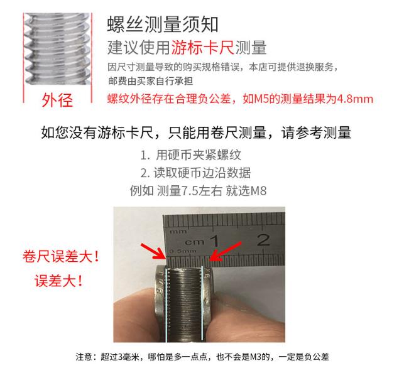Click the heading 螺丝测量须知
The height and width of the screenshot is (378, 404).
(x=163, y=24)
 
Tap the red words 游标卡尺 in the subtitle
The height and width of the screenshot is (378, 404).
(x=202, y=48)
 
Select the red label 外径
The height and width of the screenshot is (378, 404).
(x=57, y=100)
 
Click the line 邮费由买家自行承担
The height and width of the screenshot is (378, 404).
(x=150, y=81)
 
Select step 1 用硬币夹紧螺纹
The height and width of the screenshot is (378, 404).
(x=190, y=155)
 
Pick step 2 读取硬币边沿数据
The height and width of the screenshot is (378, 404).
(x=195, y=173)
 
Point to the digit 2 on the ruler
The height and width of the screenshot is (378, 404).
(x=263, y=240)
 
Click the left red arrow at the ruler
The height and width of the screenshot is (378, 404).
(x=153, y=251)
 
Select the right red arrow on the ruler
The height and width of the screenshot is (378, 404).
(x=226, y=251)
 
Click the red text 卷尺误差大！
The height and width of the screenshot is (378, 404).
(x=61, y=256)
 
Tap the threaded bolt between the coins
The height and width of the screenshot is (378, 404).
(x=184, y=304)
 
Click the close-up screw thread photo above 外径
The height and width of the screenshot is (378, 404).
(x=57, y=49)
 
